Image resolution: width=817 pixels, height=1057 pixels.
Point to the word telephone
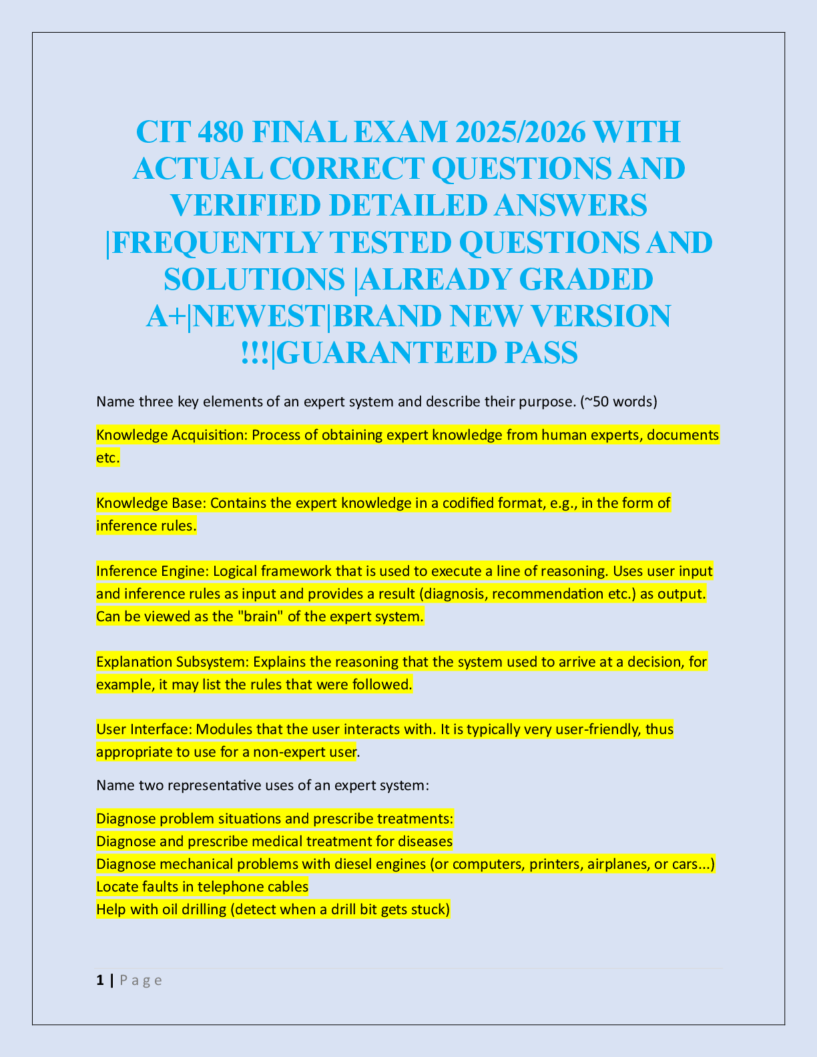coord(229,887)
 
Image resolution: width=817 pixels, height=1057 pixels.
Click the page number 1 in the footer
coord(100,980)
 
